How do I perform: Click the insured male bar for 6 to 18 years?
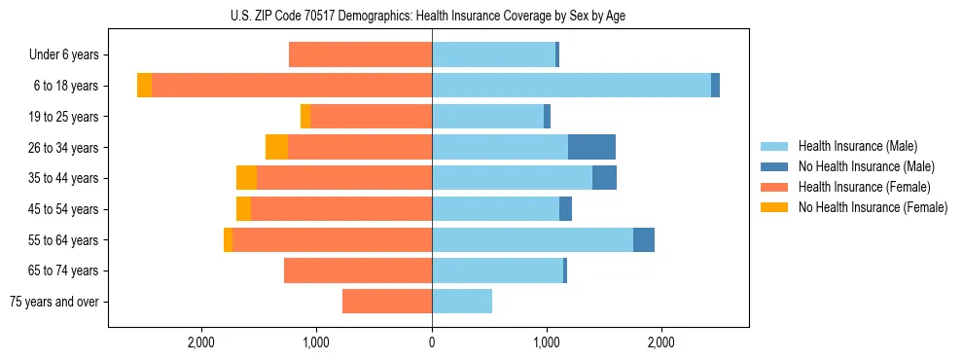(x=571, y=86)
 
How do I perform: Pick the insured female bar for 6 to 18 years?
(x=292, y=86)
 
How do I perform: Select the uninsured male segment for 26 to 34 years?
(x=591, y=147)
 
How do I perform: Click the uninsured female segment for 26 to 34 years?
(x=276, y=147)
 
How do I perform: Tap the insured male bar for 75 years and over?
(x=462, y=302)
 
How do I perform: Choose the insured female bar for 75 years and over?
(x=387, y=302)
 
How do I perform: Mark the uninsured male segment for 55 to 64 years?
(x=644, y=240)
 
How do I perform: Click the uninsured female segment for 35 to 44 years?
(x=246, y=178)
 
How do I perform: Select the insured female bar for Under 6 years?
(x=360, y=55)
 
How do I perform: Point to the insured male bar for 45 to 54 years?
(x=495, y=209)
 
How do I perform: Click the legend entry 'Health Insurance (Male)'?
(x=857, y=146)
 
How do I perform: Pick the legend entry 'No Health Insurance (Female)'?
(x=873, y=207)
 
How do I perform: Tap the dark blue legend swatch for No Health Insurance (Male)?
(x=775, y=166)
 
